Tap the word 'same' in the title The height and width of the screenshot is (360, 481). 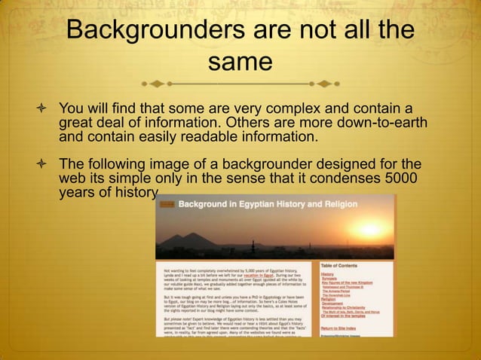pos(240,63)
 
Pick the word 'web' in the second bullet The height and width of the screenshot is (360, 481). pos(72,178)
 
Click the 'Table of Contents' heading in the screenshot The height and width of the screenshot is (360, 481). pos(345,266)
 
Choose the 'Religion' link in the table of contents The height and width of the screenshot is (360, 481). pos(329,299)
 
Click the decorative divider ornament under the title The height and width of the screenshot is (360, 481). pos(240,81)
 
